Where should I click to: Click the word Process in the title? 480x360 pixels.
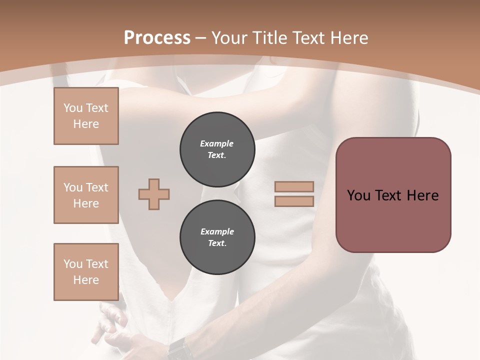click(x=157, y=38)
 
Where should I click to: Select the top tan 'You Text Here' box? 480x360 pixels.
click(x=86, y=116)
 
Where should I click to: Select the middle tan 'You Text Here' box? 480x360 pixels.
click(x=86, y=195)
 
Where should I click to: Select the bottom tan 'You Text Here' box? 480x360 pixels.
click(x=86, y=272)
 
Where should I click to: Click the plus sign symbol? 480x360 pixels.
click(x=154, y=194)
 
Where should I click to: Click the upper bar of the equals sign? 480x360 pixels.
click(x=294, y=186)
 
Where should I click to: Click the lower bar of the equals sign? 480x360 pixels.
click(x=294, y=201)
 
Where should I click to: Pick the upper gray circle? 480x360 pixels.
click(x=217, y=149)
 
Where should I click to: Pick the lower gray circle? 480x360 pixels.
click(x=217, y=237)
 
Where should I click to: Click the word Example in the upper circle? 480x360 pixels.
click(x=217, y=143)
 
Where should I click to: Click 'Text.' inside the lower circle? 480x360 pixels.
click(x=217, y=243)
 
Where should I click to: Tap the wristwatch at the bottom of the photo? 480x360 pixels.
click(x=178, y=347)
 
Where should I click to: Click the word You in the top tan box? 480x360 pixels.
click(x=73, y=108)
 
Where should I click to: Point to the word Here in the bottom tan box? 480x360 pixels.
click(x=86, y=280)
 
